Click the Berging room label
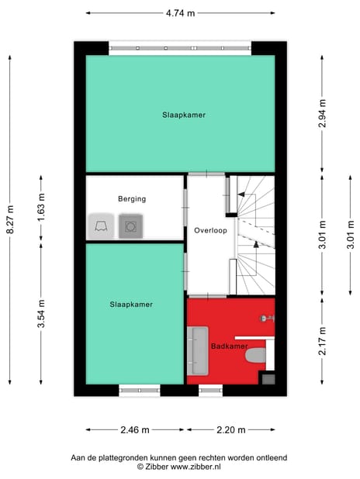(132, 198)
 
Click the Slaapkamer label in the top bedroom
(183, 115)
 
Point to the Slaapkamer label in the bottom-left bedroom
(131, 305)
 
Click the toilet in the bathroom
(256, 357)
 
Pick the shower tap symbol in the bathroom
(266, 317)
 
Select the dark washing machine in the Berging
(131, 226)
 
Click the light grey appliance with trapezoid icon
(101, 226)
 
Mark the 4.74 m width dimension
(180, 13)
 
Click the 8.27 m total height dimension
(9, 220)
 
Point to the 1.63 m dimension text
(41, 208)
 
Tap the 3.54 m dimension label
(41, 314)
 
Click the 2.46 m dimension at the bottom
(135, 429)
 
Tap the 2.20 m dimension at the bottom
(230, 429)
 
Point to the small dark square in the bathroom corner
(268, 378)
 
